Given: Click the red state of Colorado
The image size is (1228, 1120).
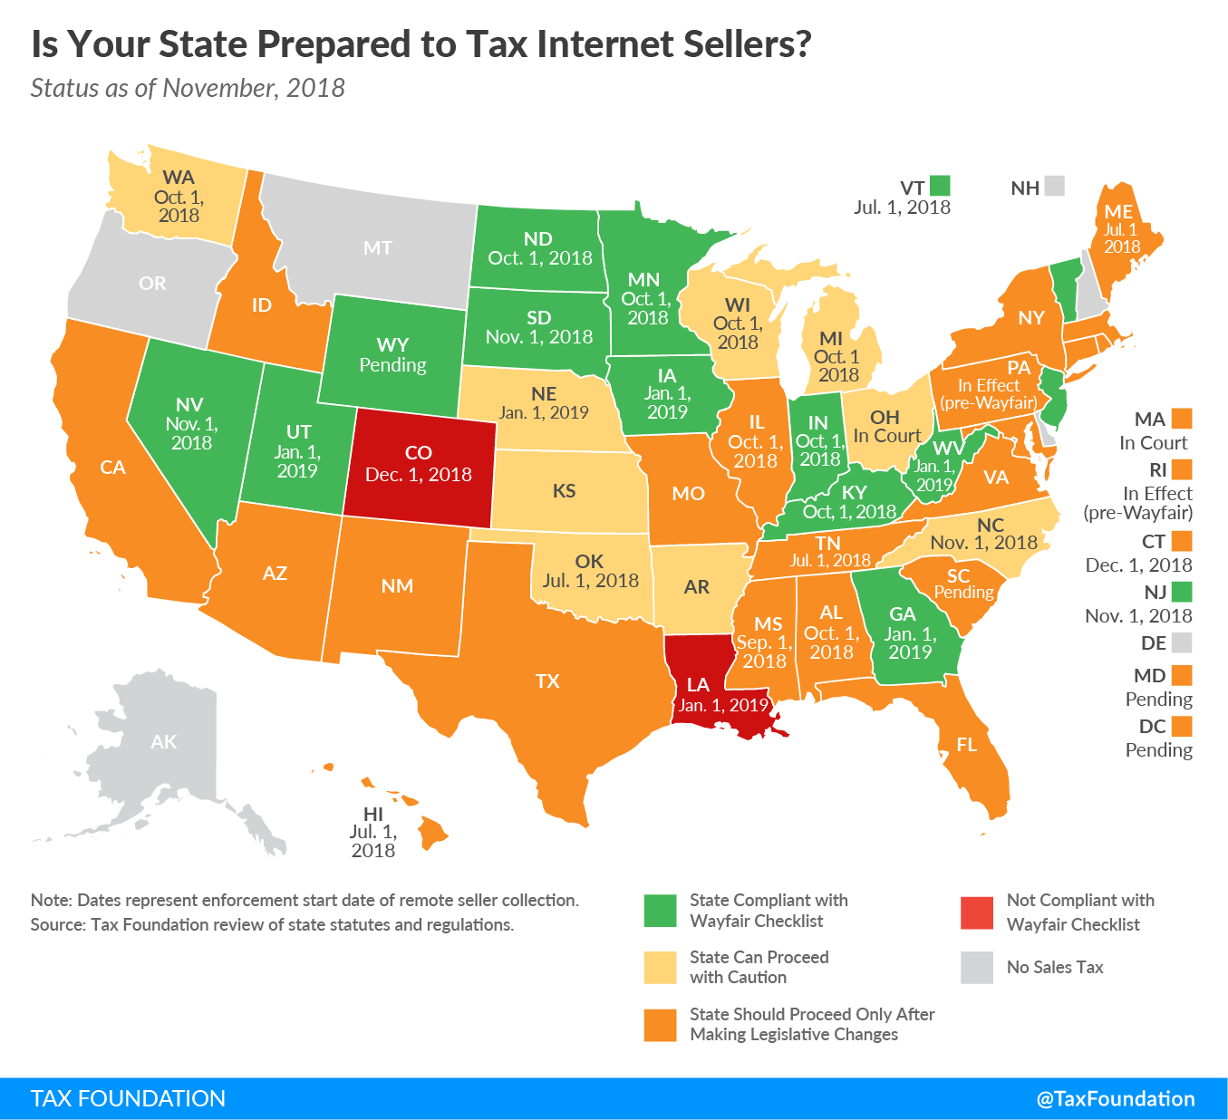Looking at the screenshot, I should click(419, 464).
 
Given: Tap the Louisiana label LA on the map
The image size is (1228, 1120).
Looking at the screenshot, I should click(698, 685).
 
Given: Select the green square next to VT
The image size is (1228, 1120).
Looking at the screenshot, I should click(940, 186).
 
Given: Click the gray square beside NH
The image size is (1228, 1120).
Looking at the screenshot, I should click(1054, 186).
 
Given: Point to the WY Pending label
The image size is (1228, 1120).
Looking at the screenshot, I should click(392, 355).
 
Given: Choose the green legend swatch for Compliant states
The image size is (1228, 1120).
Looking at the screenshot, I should click(660, 911).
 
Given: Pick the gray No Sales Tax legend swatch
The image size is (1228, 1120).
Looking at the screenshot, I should click(977, 967).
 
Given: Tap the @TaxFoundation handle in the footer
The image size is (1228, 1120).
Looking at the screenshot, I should click(1116, 1099).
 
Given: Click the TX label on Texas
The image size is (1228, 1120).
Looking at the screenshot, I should click(547, 681).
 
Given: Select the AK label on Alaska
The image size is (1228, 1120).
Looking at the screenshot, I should click(164, 742).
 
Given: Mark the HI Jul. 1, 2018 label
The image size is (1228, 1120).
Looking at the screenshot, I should click(373, 832).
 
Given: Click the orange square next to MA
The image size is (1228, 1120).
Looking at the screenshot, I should click(1181, 419).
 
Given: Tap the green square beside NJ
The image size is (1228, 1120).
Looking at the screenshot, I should click(1181, 593).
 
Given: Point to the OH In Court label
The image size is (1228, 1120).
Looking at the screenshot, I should click(886, 427).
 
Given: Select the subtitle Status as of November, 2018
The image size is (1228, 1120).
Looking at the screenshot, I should click(188, 88).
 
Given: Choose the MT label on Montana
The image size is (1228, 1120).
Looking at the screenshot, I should click(378, 248).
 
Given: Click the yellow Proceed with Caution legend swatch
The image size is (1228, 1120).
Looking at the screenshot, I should click(660, 967).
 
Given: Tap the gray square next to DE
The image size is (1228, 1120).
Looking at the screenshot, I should click(1181, 643).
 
